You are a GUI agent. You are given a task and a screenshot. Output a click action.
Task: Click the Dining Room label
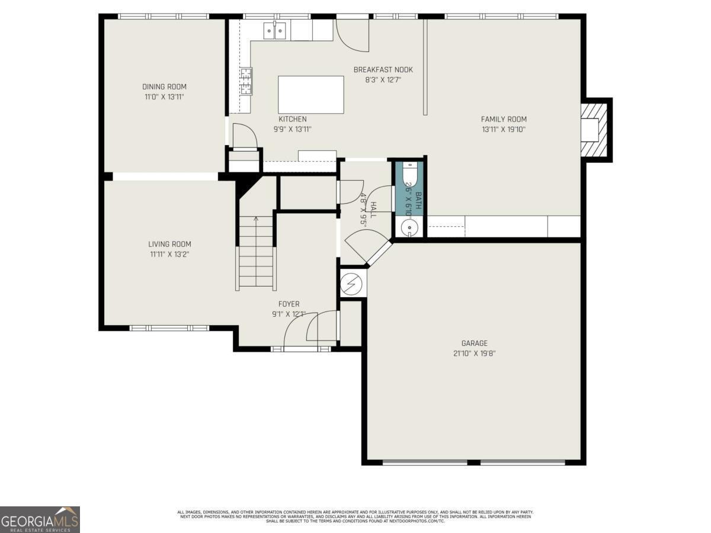pyautogui.click(x=164, y=86)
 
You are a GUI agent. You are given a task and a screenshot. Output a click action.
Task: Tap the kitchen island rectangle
pyautogui.click(x=310, y=95)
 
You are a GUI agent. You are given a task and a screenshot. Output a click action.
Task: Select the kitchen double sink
pyautogui.click(x=276, y=30)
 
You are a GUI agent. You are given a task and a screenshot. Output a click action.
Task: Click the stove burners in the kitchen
pyautogui.click(x=245, y=81)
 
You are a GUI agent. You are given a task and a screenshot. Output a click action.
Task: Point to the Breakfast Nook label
pyautogui.click(x=383, y=69)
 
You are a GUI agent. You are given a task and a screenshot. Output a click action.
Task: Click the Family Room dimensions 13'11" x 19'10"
pyautogui.click(x=504, y=129)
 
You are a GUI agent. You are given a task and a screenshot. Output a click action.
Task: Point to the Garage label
pyautogui.click(x=474, y=343)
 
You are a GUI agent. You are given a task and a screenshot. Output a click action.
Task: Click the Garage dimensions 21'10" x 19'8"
pyautogui.click(x=474, y=353)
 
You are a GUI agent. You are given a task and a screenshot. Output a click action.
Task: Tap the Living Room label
pyautogui.click(x=169, y=244)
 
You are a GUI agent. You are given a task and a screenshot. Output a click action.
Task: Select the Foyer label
pyautogui.click(x=289, y=304)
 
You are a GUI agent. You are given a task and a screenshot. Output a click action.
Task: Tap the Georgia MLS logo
pyautogui.click(x=40, y=519)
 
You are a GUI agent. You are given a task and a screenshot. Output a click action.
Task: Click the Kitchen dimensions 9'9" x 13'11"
pyautogui.click(x=293, y=129)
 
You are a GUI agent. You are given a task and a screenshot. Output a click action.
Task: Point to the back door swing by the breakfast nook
pyautogui.click(x=353, y=37)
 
